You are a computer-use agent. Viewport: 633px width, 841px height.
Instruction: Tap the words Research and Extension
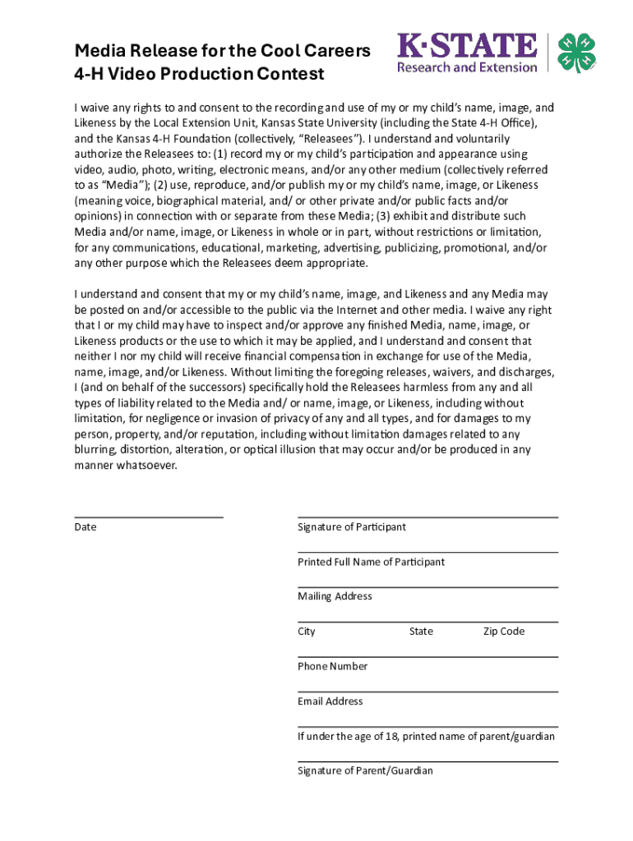(x=467, y=67)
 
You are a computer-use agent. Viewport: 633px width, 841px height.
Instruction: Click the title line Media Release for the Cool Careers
(x=222, y=51)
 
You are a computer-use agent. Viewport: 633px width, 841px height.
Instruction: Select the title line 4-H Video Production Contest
(x=199, y=75)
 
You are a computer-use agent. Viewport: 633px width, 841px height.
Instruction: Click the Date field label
(x=85, y=527)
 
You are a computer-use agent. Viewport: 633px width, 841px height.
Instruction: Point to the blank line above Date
(x=148, y=517)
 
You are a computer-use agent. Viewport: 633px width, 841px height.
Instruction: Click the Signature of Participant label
(x=352, y=527)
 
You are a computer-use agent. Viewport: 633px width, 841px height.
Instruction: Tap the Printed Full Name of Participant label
(x=371, y=563)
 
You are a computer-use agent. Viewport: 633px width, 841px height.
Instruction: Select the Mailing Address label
(x=335, y=597)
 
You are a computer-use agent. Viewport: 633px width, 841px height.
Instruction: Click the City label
(x=307, y=632)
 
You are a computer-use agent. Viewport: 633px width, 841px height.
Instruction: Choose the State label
(x=421, y=632)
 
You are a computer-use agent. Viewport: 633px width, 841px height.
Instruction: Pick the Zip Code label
(x=503, y=632)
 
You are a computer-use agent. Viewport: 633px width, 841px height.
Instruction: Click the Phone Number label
(x=332, y=667)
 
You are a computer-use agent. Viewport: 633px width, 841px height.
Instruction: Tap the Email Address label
(x=330, y=702)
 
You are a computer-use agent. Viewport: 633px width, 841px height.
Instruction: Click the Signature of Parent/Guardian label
(x=365, y=771)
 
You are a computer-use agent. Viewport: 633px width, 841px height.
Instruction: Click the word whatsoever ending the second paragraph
(x=147, y=466)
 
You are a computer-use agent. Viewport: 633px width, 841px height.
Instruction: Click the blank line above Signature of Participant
(x=427, y=517)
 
